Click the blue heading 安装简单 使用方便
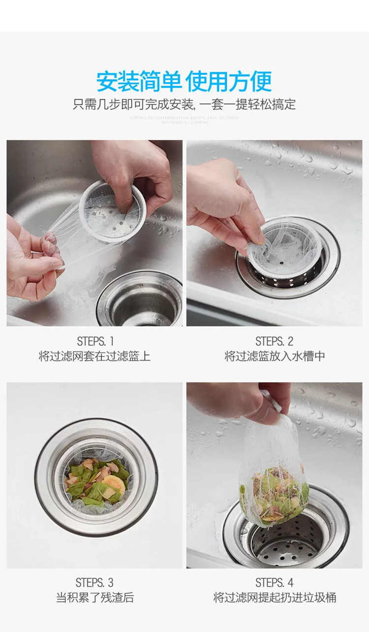point(184,81)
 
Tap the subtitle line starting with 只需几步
point(184,104)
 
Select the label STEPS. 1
point(94,341)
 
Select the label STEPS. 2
point(274,341)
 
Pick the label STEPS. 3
point(94,583)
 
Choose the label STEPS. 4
point(274,583)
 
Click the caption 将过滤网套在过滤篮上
point(94,356)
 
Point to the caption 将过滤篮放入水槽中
point(275,356)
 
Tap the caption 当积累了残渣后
point(94,598)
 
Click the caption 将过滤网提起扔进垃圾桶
point(275,598)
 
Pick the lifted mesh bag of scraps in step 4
point(273,482)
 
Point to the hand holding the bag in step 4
point(246,401)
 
